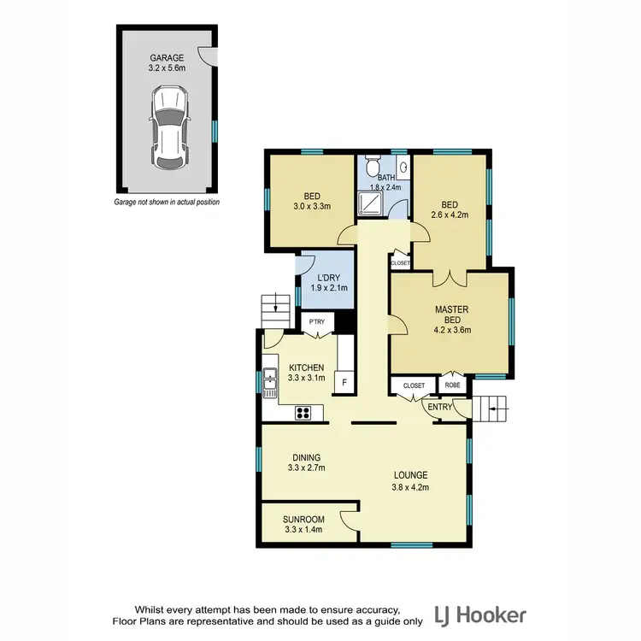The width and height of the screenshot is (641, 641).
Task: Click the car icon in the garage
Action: tap(167, 129)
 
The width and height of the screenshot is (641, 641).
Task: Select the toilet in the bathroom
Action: tap(370, 167)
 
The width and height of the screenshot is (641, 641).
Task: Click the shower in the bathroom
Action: tap(373, 201)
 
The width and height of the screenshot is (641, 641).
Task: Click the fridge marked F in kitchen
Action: tap(344, 382)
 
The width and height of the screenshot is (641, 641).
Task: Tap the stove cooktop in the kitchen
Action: tap(303, 413)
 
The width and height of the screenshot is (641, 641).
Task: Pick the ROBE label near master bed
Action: tap(451, 386)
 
